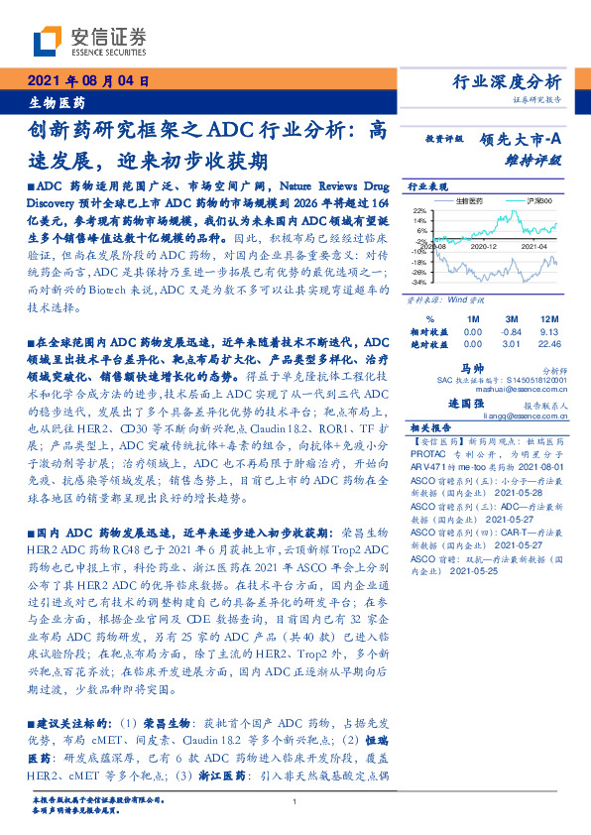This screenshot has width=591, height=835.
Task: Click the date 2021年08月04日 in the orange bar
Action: point(86,82)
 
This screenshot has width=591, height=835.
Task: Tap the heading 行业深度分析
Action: point(513,81)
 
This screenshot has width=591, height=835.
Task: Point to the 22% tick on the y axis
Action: point(420,209)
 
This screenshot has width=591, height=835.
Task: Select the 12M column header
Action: point(552,319)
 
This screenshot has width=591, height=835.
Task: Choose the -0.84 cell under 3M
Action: point(512,331)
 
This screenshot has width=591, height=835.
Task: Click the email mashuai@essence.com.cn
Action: point(531,387)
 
